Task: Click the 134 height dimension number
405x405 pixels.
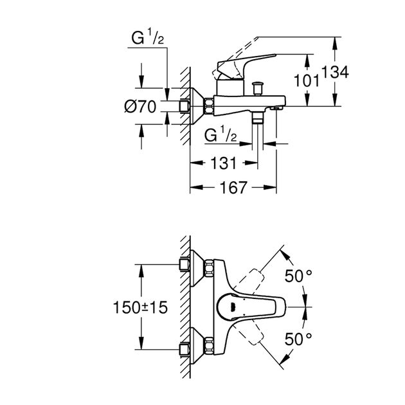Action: (x=336, y=73)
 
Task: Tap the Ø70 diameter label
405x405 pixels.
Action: (x=141, y=108)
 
